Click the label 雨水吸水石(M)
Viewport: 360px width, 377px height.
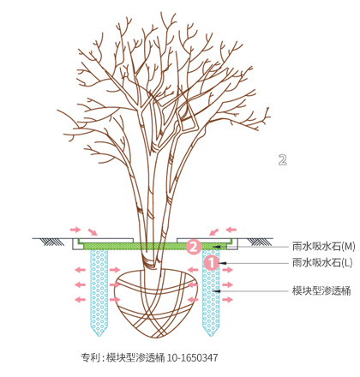[323, 246]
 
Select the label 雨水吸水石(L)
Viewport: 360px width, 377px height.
[322, 262]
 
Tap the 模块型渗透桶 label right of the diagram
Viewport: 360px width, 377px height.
[321, 290]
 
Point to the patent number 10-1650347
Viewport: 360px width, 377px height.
[192, 357]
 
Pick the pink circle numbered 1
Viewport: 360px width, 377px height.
[212, 263]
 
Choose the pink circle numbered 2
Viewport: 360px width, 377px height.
[194, 246]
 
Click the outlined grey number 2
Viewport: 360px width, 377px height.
[282, 160]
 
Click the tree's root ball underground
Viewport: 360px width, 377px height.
[156, 303]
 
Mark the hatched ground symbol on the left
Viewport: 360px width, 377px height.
[52, 242]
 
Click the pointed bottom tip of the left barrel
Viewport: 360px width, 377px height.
[99, 336]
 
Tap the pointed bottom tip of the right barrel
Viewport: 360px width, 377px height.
[211, 336]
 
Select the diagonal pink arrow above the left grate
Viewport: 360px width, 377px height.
[93, 231]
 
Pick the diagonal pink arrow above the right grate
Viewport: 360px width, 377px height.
[213, 231]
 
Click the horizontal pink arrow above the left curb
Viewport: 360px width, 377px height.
[75, 230]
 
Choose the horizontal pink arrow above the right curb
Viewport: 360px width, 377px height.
[231, 230]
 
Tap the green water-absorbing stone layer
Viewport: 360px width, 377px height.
[156, 246]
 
